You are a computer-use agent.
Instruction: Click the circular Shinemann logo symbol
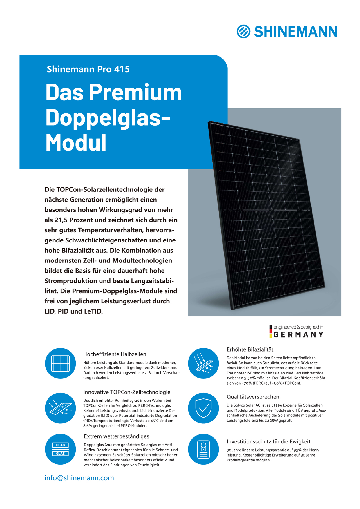click(243, 31)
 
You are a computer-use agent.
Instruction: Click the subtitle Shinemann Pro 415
click(88, 69)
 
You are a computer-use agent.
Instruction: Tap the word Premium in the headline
click(135, 92)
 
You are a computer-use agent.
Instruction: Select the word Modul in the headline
click(76, 142)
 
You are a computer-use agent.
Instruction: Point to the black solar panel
click(267, 215)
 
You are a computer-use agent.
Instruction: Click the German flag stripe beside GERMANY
click(271, 331)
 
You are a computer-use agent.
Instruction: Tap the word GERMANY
click(299, 335)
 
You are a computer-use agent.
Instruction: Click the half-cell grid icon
click(60, 363)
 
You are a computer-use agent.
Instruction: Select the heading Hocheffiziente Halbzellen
click(115, 354)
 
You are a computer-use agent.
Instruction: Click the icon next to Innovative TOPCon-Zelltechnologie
click(60, 408)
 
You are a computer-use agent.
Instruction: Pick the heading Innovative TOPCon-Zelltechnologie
click(127, 392)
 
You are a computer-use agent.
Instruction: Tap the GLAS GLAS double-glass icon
click(60, 449)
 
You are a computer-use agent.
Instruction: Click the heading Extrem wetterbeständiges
click(116, 436)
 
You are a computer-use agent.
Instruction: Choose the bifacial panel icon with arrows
click(203, 363)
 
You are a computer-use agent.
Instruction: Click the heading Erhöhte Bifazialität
click(250, 349)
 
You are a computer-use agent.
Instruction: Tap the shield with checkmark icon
click(203, 408)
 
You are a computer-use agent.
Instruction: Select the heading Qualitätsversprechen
click(253, 397)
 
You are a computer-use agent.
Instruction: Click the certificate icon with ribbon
click(203, 449)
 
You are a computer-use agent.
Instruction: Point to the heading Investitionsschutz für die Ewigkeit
click(268, 441)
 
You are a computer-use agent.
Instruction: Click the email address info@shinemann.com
click(79, 478)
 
